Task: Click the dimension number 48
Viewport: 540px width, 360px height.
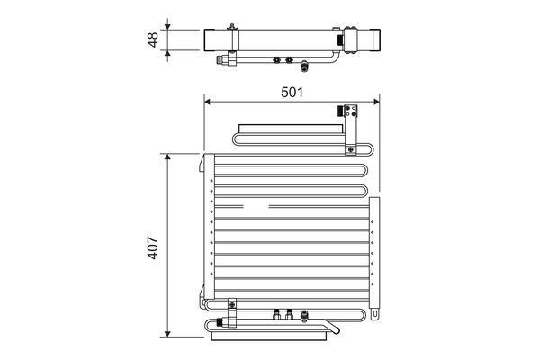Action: [x=153, y=40]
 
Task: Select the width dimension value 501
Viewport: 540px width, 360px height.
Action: [x=292, y=93]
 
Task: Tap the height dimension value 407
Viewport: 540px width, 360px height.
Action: [x=153, y=247]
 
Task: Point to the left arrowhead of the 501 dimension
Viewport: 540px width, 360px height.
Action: [x=207, y=102]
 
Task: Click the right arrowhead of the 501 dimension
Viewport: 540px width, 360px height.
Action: [x=376, y=102]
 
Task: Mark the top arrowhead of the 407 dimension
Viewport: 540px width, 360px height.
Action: [x=167, y=157]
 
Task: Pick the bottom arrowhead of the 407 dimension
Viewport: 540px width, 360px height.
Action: [x=167, y=334]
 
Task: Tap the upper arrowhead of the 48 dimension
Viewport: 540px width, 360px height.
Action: [x=167, y=26]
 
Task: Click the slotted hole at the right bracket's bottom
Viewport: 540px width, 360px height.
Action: [x=375, y=314]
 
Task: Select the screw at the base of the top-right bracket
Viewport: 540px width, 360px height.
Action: [x=351, y=150]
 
